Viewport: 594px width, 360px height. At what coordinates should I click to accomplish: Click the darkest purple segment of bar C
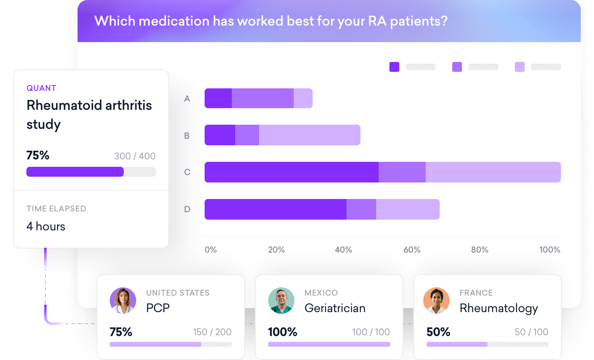click(291, 172)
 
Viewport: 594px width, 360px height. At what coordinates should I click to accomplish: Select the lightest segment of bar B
click(309, 135)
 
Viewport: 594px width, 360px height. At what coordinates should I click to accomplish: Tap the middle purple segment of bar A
click(262, 98)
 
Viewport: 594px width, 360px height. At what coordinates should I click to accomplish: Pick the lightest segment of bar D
click(408, 209)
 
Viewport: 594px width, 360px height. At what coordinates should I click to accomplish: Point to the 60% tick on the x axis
click(412, 250)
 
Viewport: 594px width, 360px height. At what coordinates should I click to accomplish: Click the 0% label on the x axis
click(210, 250)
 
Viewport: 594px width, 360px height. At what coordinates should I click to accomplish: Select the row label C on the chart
click(187, 172)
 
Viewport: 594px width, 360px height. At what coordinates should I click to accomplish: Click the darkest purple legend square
click(394, 67)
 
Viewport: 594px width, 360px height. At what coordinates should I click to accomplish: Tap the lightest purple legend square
click(520, 67)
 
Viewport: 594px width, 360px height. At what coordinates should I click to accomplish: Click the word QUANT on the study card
click(41, 88)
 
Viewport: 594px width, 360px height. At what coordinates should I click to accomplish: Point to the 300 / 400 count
click(134, 156)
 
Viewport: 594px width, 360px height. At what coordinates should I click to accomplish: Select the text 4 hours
click(46, 226)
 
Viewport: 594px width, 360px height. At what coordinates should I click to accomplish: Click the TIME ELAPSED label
click(56, 208)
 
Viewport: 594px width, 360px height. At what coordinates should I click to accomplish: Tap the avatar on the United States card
click(123, 301)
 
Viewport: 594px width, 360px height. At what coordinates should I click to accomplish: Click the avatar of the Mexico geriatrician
click(281, 301)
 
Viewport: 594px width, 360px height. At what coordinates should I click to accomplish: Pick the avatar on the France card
click(436, 301)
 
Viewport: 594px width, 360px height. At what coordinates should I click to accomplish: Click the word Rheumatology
click(499, 308)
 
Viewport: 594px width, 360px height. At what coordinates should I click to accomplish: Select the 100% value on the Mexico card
click(283, 332)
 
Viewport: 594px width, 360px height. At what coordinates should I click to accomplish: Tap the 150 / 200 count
click(212, 332)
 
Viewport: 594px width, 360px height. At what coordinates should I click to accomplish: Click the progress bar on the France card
click(487, 344)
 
